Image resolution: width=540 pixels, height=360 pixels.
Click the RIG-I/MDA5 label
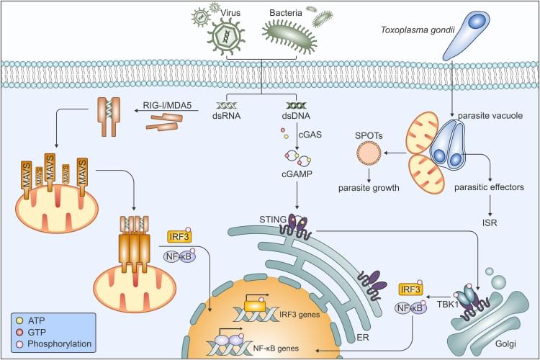tap(167, 105)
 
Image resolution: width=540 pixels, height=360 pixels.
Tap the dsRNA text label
tap(226, 116)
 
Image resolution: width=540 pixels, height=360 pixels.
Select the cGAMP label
tap(297, 174)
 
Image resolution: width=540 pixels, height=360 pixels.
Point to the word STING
tap(273, 220)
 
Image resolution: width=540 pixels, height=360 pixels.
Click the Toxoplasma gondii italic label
tap(418, 30)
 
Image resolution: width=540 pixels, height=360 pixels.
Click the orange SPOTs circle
tap(369, 153)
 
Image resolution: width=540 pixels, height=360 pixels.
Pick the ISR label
tap(490, 223)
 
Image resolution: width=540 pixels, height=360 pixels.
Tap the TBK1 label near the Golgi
tap(448, 305)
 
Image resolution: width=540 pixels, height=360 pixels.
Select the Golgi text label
tap(505, 343)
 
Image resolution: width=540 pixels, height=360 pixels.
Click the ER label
tap(363, 337)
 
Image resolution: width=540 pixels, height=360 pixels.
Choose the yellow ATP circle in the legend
tap(19, 320)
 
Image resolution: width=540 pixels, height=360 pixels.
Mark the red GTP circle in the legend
tap(19, 332)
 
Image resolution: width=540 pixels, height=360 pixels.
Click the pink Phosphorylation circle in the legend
tap(19, 344)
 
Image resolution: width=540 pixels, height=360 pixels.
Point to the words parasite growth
tap(369, 188)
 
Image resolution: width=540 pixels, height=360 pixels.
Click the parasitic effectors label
tap(489, 187)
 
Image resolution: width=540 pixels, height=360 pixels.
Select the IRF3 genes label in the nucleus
tap(300, 315)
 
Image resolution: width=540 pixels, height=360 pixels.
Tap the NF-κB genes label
tap(276, 348)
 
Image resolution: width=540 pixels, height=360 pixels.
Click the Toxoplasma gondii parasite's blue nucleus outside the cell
tap(477, 21)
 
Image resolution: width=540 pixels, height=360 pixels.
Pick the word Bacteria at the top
tap(286, 13)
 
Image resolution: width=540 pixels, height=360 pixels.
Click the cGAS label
tap(310, 135)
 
